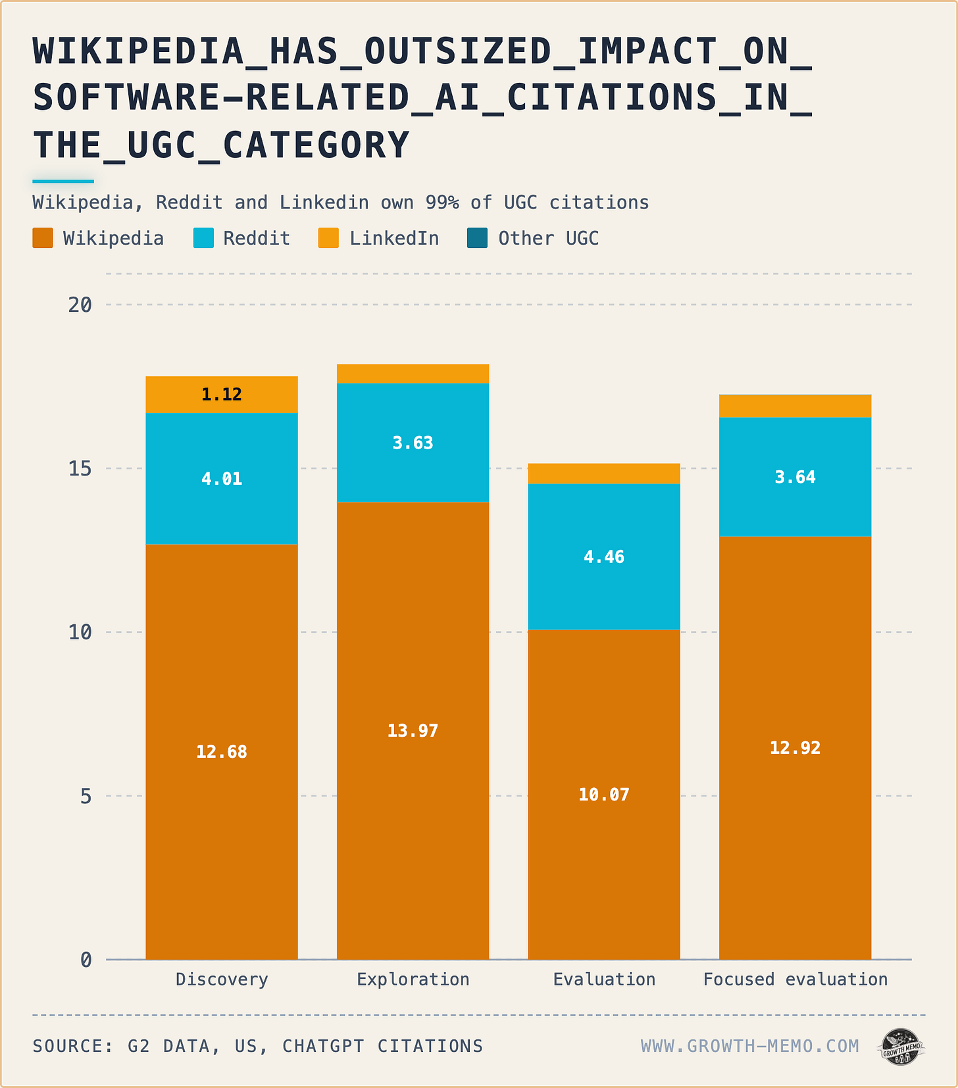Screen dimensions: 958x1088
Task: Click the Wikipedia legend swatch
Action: pyautogui.click(x=43, y=238)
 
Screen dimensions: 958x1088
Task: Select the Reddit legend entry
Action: pyautogui.click(x=241, y=238)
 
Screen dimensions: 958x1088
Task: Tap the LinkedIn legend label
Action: pyautogui.click(x=394, y=238)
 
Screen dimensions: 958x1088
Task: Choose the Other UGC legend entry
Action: pyautogui.click(x=533, y=238)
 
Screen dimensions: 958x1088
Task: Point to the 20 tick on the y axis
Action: pyautogui.click(x=80, y=305)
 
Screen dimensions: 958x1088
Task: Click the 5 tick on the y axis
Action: pyautogui.click(x=86, y=796)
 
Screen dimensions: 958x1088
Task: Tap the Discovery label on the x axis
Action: pyautogui.click(x=222, y=979)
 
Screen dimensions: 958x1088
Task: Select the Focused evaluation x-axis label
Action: pyautogui.click(x=795, y=979)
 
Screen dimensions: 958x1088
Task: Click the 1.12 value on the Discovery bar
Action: pyautogui.click(x=222, y=395)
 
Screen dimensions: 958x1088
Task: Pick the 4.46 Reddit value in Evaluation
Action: pyautogui.click(x=604, y=557)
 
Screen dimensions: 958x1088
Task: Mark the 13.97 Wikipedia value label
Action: pyautogui.click(x=413, y=731)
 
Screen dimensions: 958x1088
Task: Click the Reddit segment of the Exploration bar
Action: pyautogui.click(x=413, y=443)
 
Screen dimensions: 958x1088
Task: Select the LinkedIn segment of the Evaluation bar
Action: pyautogui.click(x=604, y=474)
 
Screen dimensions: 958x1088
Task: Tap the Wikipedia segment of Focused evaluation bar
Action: pyautogui.click(x=795, y=748)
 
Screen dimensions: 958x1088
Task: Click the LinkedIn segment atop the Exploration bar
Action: pyautogui.click(x=413, y=374)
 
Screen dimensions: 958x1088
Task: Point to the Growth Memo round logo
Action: pyautogui.click(x=901, y=1047)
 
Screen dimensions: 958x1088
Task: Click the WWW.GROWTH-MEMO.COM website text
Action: pyautogui.click(x=750, y=1046)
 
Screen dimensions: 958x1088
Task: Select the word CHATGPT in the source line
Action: pyautogui.click(x=323, y=1046)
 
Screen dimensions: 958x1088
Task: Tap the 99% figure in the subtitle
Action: pyautogui.click(x=442, y=202)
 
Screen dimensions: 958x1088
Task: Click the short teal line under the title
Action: pyautogui.click(x=63, y=181)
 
